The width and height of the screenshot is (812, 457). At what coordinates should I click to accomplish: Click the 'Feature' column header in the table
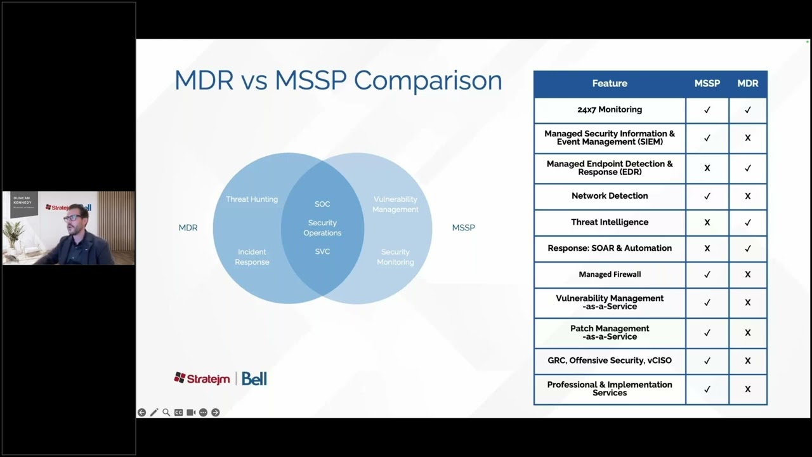pos(610,84)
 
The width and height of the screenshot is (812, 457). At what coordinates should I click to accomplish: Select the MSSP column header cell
pos(707,84)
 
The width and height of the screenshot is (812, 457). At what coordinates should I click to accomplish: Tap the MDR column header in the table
pos(747,84)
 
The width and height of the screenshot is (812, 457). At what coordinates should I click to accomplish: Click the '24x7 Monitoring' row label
pos(610,110)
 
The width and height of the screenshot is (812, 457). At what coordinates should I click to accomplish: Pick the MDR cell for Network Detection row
pos(747,196)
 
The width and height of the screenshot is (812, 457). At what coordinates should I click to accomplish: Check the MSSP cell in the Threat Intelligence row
pos(707,223)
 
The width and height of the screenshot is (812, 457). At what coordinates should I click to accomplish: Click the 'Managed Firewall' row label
pos(610,275)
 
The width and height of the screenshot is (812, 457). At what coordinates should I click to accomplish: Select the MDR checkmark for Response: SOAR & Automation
pos(747,249)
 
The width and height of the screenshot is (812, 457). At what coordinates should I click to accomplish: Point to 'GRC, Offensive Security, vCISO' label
pos(610,361)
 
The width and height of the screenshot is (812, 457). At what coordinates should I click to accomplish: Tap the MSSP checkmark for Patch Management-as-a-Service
pos(707,333)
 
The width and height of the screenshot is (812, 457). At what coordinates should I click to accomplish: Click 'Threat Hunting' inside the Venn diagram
pos(252,199)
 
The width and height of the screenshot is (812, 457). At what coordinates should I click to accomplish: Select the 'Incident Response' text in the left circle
pos(252,257)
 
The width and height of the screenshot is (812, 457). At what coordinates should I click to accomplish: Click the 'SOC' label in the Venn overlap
pos(322,204)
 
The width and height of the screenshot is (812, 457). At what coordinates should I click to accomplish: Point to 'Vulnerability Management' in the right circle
pos(395,204)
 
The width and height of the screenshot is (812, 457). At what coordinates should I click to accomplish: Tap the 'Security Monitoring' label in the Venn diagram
pos(395,257)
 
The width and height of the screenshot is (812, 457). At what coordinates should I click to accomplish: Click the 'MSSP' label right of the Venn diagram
pos(463,228)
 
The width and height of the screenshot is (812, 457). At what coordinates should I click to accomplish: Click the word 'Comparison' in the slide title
pos(428,81)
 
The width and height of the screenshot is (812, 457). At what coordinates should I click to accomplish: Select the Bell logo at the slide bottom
pos(254,379)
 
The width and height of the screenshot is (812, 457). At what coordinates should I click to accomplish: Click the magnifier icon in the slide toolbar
pos(166,413)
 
